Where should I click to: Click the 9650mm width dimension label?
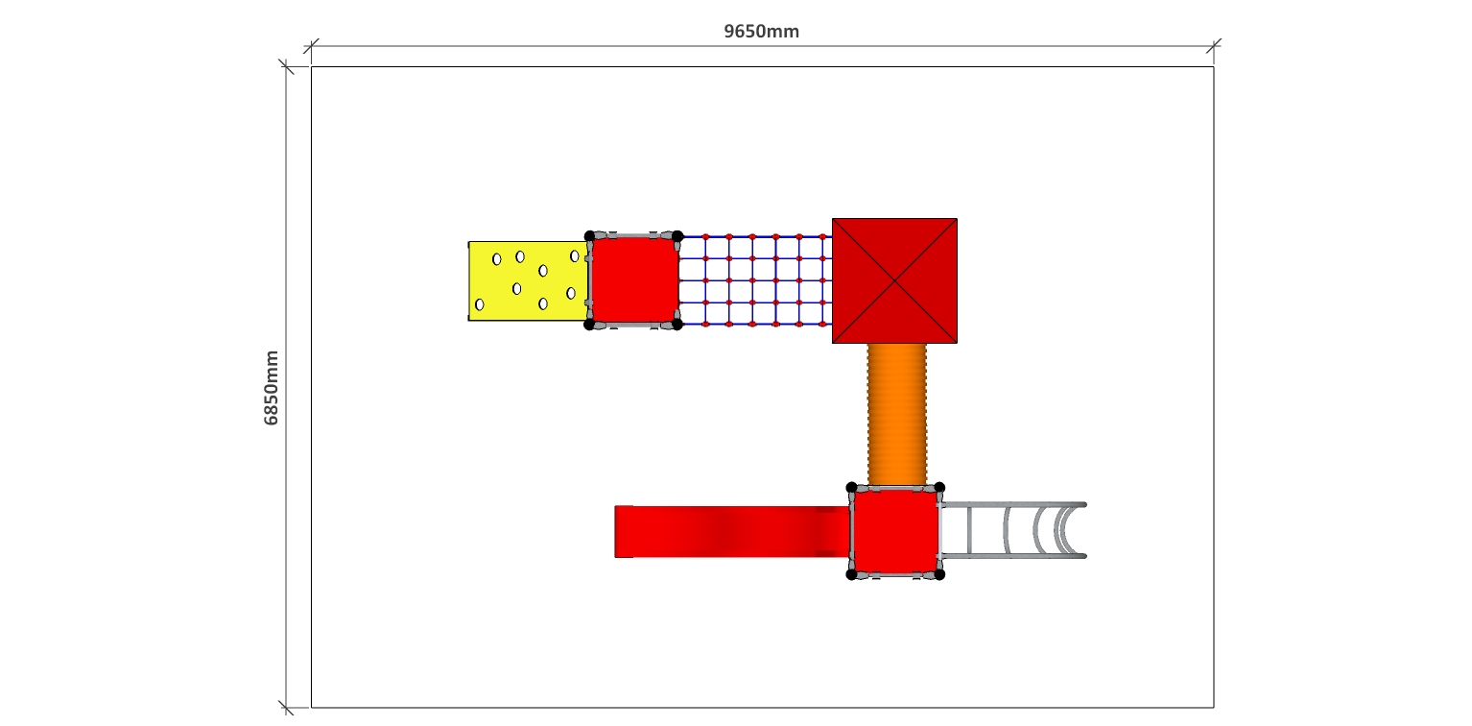tap(761, 32)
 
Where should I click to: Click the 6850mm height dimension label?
tap(271, 388)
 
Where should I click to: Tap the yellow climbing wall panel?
tap(528, 280)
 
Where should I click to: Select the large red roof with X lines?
tap(894, 280)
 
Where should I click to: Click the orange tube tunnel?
tap(897, 414)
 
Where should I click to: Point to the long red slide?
tap(732, 531)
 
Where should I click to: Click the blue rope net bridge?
tap(756, 280)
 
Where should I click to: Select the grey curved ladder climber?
tap(1014, 531)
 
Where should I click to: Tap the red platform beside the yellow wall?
tap(634, 280)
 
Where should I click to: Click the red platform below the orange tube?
tap(895, 531)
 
